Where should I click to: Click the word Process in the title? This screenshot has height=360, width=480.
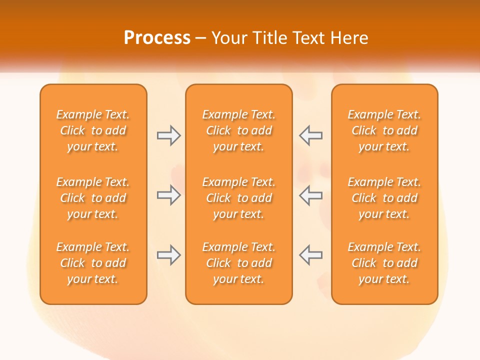[157, 38]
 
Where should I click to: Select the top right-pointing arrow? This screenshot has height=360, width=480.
[169, 135]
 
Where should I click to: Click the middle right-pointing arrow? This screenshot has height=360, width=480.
[169, 195]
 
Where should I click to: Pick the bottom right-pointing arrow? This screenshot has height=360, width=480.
[169, 254]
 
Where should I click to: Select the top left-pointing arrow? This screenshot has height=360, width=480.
[310, 135]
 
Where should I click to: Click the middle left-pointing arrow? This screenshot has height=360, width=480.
[310, 195]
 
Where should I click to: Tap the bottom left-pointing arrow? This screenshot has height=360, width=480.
[310, 254]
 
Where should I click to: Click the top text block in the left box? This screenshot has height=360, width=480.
[93, 130]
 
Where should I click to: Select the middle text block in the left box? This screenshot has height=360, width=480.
[93, 198]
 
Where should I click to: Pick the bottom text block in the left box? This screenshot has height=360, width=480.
[93, 263]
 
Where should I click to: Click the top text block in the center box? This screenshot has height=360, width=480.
[238, 130]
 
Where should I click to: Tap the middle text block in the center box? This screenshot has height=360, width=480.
[238, 198]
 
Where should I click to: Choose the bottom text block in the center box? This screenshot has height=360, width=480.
[238, 263]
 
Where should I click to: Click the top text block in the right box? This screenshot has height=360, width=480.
[384, 130]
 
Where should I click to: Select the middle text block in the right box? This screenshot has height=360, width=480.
[384, 198]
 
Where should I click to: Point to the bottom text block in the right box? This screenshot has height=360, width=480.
[384, 263]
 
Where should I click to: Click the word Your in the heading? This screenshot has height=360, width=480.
[230, 38]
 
